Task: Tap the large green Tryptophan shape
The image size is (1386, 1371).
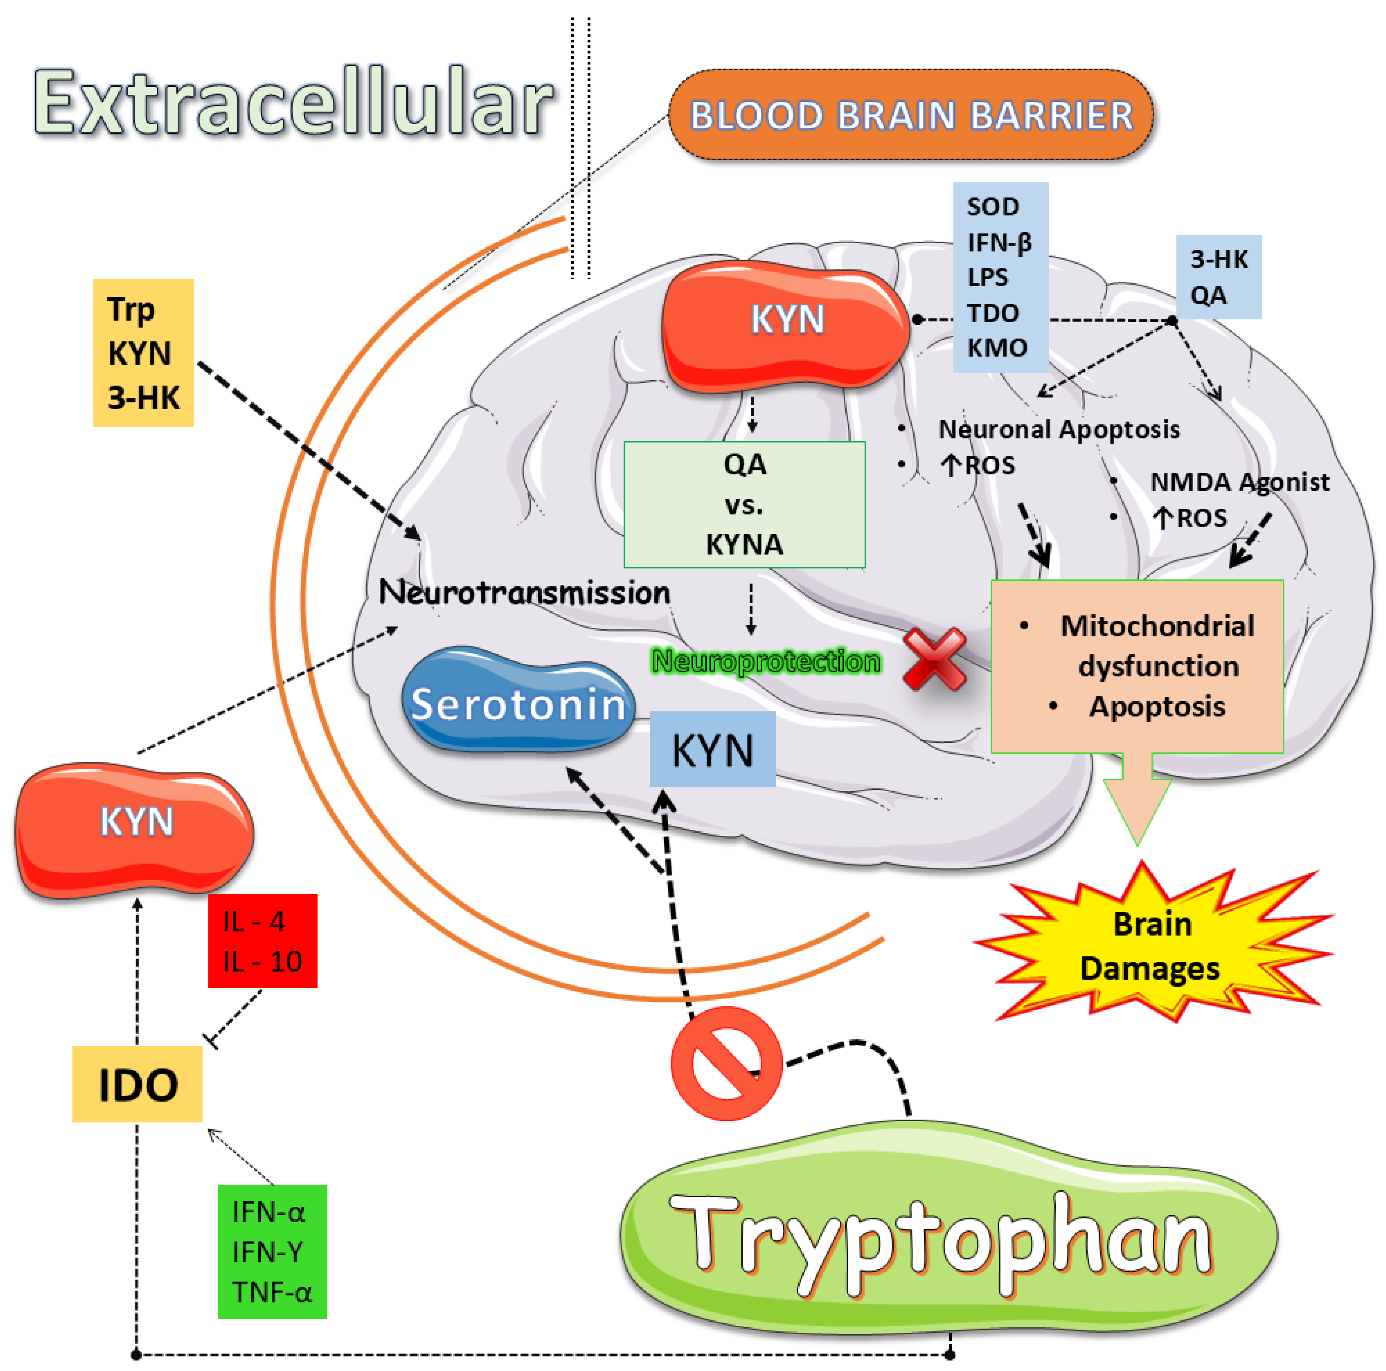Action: [947, 1241]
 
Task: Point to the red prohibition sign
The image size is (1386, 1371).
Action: [726, 1063]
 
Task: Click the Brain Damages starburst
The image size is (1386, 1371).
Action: [1151, 945]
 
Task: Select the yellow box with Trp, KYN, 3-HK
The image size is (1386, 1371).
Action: [144, 353]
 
